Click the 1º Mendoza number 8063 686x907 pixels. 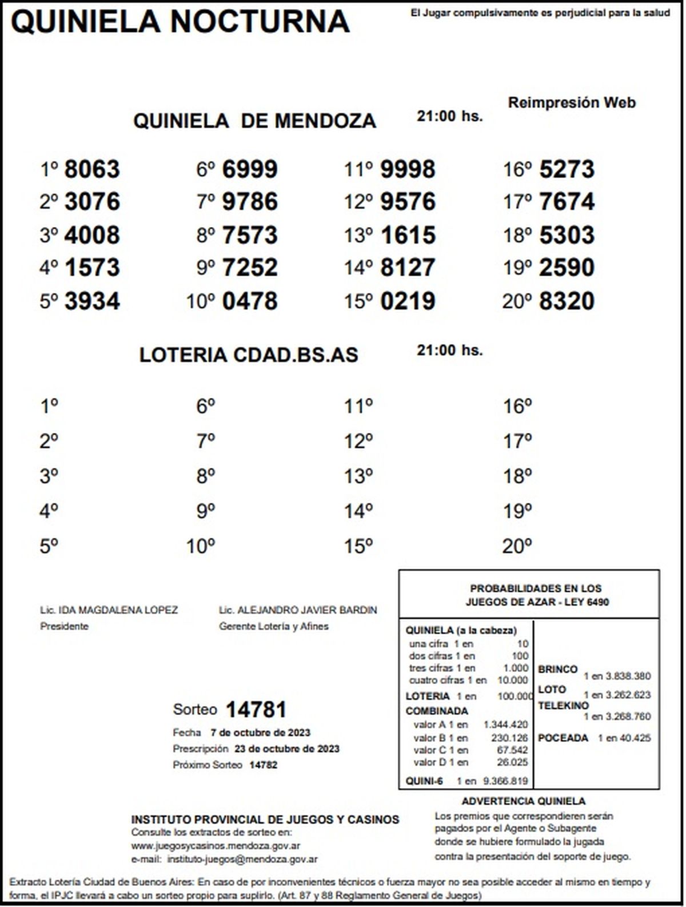[92, 169]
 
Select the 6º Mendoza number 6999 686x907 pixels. [250, 169]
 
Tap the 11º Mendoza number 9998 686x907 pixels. [408, 169]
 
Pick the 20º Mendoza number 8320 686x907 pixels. [567, 301]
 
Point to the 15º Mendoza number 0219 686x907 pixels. [408, 301]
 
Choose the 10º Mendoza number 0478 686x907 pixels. [250, 301]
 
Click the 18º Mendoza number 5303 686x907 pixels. [567, 235]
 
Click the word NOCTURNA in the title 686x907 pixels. [260, 22]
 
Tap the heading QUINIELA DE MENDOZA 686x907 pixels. [254, 121]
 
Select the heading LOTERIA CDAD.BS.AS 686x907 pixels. [249, 355]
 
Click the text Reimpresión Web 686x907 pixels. [572, 103]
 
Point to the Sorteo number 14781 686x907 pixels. [256, 710]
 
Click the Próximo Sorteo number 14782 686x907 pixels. [263, 765]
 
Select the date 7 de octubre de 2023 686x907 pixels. [260, 733]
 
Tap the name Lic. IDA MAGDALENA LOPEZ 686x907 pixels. [109, 610]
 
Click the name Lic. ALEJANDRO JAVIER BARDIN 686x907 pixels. [298, 610]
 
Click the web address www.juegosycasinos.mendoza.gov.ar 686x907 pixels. [216, 846]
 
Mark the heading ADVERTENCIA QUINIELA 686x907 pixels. [523, 801]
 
